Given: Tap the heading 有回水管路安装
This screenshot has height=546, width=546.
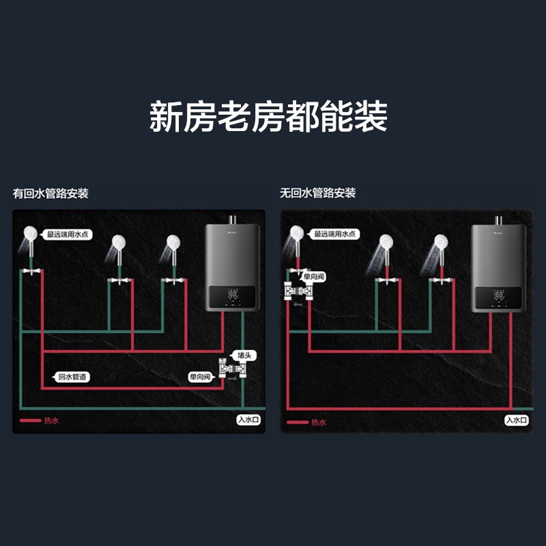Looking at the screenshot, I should (x=51, y=194).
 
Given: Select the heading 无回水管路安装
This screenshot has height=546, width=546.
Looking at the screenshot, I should (x=317, y=194).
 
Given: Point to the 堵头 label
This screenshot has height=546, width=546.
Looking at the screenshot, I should (x=243, y=356).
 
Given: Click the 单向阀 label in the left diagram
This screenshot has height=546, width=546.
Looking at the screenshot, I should (x=201, y=377).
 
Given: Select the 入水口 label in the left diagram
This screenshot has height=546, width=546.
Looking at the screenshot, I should (x=249, y=420).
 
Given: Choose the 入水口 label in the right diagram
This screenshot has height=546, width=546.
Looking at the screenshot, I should (x=517, y=420).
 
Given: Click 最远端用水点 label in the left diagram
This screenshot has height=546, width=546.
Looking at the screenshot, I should (x=68, y=235).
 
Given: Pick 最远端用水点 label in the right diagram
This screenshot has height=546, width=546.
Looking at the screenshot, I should (x=335, y=235).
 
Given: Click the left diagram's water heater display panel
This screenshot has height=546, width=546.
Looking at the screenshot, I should (x=233, y=296).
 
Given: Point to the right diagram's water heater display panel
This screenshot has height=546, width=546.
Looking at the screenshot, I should (x=499, y=296).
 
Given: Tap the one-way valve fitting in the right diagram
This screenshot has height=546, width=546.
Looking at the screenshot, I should (x=298, y=294).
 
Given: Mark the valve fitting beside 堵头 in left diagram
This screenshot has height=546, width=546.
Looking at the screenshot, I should (x=229, y=369).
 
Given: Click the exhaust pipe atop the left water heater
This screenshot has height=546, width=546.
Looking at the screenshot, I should (x=233, y=220).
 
